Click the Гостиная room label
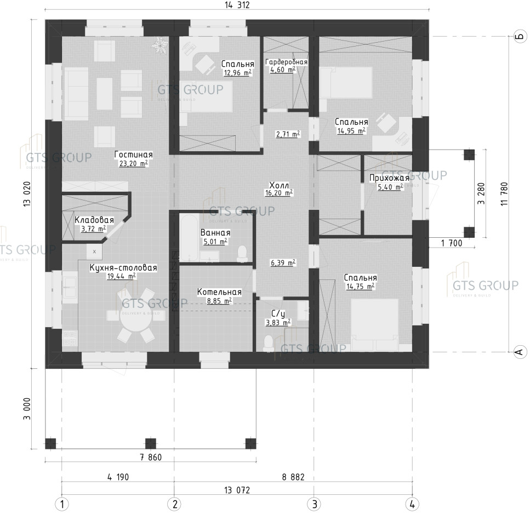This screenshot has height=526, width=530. (134, 155)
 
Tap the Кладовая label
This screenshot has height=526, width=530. (94, 220)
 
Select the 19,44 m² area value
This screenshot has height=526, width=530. (122, 276)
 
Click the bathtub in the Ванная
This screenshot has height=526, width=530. (189, 238)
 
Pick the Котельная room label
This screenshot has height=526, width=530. (219, 292)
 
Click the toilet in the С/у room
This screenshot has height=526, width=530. (269, 343)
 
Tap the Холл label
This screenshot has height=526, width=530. (279, 185)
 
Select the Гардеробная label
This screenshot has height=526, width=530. (286, 62)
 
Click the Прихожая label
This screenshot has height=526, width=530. (389, 178)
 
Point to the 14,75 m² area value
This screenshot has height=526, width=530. (360, 287)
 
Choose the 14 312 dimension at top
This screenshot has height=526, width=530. (237, 5)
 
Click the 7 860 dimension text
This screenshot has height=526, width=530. (151, 458)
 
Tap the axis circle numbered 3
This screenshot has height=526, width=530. (314, 505)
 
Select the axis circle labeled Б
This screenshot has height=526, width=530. (520, 36)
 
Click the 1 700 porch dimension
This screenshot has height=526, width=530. (451, 243)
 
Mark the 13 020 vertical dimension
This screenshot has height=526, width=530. (27, 194)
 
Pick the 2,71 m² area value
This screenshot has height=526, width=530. (288, 134)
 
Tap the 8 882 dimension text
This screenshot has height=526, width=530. (293, 477)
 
